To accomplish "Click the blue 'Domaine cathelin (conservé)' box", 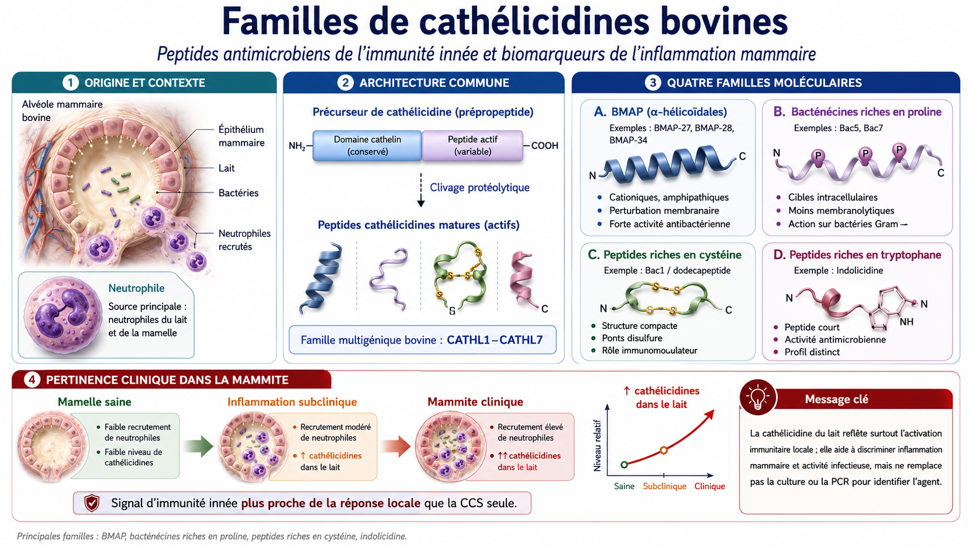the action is click(x=367, y=146).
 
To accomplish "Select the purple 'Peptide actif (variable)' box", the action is click(x=473, y=146).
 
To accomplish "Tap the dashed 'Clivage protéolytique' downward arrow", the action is click(x=421, y=190).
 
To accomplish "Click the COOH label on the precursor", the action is click(x=545, y=146).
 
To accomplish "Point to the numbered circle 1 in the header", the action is click(x=70, y=83).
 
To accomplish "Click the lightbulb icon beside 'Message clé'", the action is click(x=758, y=397).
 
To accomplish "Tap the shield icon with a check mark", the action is click(x=91, y=503).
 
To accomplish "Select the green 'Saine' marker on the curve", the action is click(x=624, y=465).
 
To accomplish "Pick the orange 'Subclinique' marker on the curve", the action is click(x=664, y=450).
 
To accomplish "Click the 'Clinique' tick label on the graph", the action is click(x=709, y=486).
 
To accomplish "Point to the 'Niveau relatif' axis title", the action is click(x=597, y=445).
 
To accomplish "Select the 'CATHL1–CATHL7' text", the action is click(x=495, y=340).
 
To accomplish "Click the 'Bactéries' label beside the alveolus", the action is click(x=239, y=193).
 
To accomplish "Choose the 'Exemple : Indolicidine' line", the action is click(x=839, y=270).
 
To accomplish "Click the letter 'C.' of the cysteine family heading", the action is click(x=594, y=254).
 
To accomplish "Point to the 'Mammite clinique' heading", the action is click(x=475, y=402).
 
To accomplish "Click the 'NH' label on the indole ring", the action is click(x=907, y=321).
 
